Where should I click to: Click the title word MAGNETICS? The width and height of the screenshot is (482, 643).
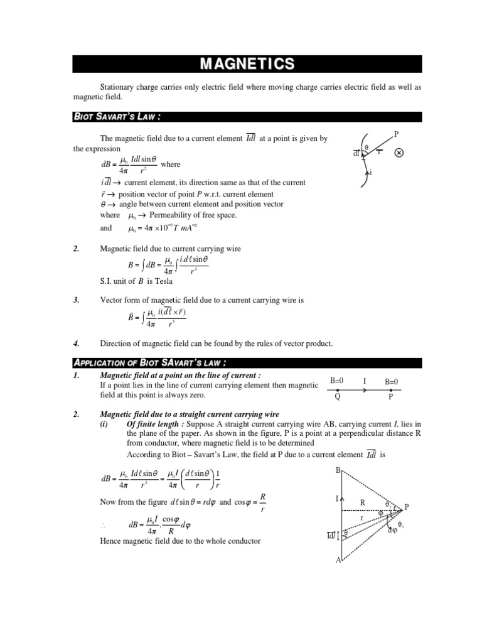click(x=246, y=64)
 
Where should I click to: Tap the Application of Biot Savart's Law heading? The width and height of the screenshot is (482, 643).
click(x=149, y=362)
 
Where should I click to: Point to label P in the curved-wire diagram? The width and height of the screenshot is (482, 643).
click(x=395, y=134)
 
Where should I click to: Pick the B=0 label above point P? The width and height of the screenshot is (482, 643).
click(x=392, y=381)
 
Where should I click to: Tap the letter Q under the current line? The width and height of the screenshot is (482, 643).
click(x=338, y=397)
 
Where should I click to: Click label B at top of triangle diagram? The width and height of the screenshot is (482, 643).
click(x=339, y=470)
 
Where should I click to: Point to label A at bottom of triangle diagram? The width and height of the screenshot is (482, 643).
click(x=338, y=559)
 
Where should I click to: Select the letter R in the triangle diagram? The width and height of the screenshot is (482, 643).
click(x=362, y=502)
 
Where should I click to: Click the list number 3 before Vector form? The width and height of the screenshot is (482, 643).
click(x=76, y=300)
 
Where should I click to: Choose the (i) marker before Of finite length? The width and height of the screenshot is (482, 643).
click(x=105, y=424)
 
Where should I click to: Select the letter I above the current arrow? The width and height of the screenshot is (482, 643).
click(x=365, y=381)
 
